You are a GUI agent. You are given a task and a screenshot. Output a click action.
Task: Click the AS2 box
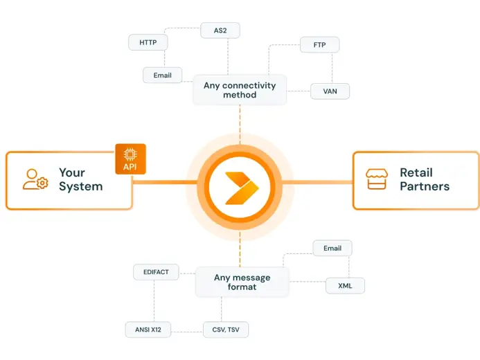tap(220, 30)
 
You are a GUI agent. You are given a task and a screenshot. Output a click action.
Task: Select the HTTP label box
tap(148, 42)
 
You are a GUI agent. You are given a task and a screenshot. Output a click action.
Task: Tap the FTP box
tap(319, 45)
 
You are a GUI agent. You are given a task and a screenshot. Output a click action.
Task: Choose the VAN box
tap(330, 91)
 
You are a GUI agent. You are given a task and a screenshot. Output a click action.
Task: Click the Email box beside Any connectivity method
tap(162, 75)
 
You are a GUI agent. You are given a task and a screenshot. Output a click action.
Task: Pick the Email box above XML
tap(332, 248)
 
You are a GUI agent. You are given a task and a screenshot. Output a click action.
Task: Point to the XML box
tap(344, 285)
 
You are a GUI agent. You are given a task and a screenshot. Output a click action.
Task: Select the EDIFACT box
tap(156, 272)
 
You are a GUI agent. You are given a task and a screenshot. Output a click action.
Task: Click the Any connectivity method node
tap(240, 90)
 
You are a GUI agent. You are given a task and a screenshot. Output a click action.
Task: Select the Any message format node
tap(242, 282)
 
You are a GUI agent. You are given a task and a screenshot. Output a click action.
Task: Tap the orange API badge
tap(130, 159)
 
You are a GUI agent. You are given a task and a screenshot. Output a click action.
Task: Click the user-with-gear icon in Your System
tap(35, 179)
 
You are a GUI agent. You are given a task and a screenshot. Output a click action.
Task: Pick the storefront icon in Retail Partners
tap(377, 179)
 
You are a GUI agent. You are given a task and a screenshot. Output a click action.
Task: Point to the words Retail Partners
tap(424, 179)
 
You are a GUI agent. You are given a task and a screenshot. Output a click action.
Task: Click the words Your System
tap(80, 179)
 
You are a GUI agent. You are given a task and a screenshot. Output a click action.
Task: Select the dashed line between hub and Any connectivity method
tap(240, 125)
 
